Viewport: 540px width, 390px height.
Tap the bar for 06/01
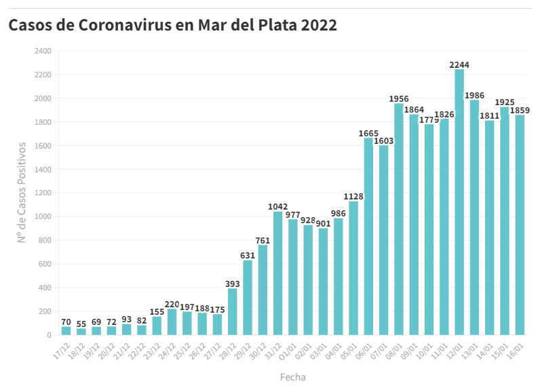point(368,237)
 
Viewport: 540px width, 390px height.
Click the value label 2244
point(459,65)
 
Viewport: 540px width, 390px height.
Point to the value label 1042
point(278,207)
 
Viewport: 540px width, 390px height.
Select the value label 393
point(233,284)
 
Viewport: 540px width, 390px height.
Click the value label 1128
point(353,197)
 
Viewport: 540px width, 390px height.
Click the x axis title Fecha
point(293,376)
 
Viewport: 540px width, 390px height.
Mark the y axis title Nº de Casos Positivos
point(22,193)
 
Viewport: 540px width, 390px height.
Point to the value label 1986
point(474,96)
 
